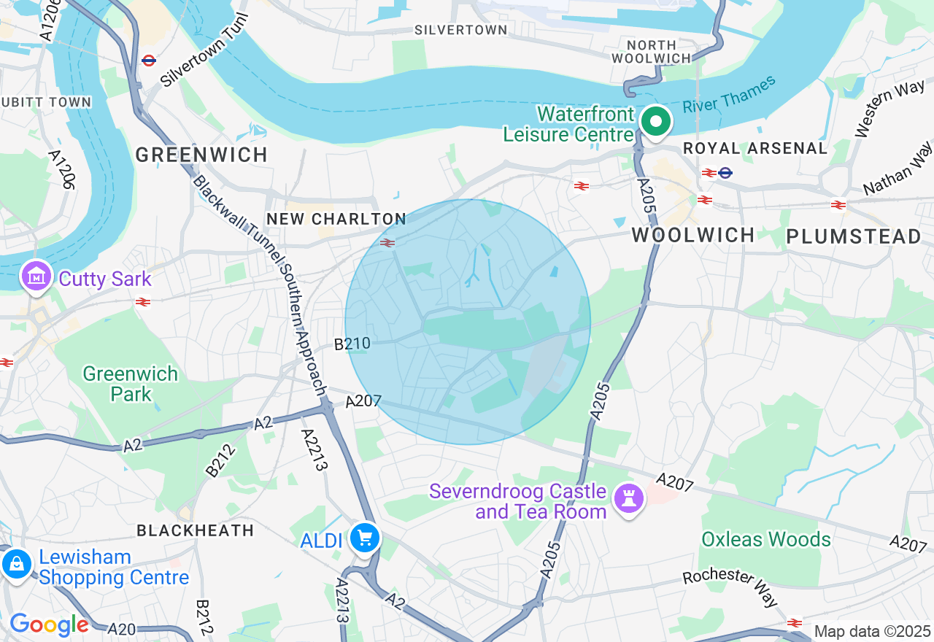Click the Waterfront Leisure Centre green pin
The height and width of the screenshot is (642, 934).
[x=656, y=122]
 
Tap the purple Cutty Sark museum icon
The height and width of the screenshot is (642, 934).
[x=36, y=277]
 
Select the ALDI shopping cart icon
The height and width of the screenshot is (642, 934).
[x=364, y=539]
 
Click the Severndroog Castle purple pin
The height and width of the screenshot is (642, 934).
[x=628, y=499]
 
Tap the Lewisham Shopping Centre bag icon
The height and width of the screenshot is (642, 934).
[x=16, y=563]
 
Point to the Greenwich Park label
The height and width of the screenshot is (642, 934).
[x=131, y=384]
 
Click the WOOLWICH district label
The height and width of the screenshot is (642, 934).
[x=693, y=235]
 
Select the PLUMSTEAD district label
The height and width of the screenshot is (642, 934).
[x=854, y=236]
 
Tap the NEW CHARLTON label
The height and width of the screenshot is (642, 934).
[x=336, y=219]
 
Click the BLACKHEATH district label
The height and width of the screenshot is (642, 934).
[x=196, y=530]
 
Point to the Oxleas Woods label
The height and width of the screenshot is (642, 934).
[x=766, y=539]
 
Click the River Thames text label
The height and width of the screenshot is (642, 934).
[x=729, y=96]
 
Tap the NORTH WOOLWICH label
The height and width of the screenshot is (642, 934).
[x=651, y=52]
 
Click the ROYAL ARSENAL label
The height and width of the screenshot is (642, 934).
[x=755, y=148]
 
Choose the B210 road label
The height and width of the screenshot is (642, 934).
[x=352, y=344]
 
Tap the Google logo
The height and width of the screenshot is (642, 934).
[x=49, y=624]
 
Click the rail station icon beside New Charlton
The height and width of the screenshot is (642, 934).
[x=387, y=243]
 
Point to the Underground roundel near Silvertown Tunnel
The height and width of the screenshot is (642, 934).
[x=150, y=61]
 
